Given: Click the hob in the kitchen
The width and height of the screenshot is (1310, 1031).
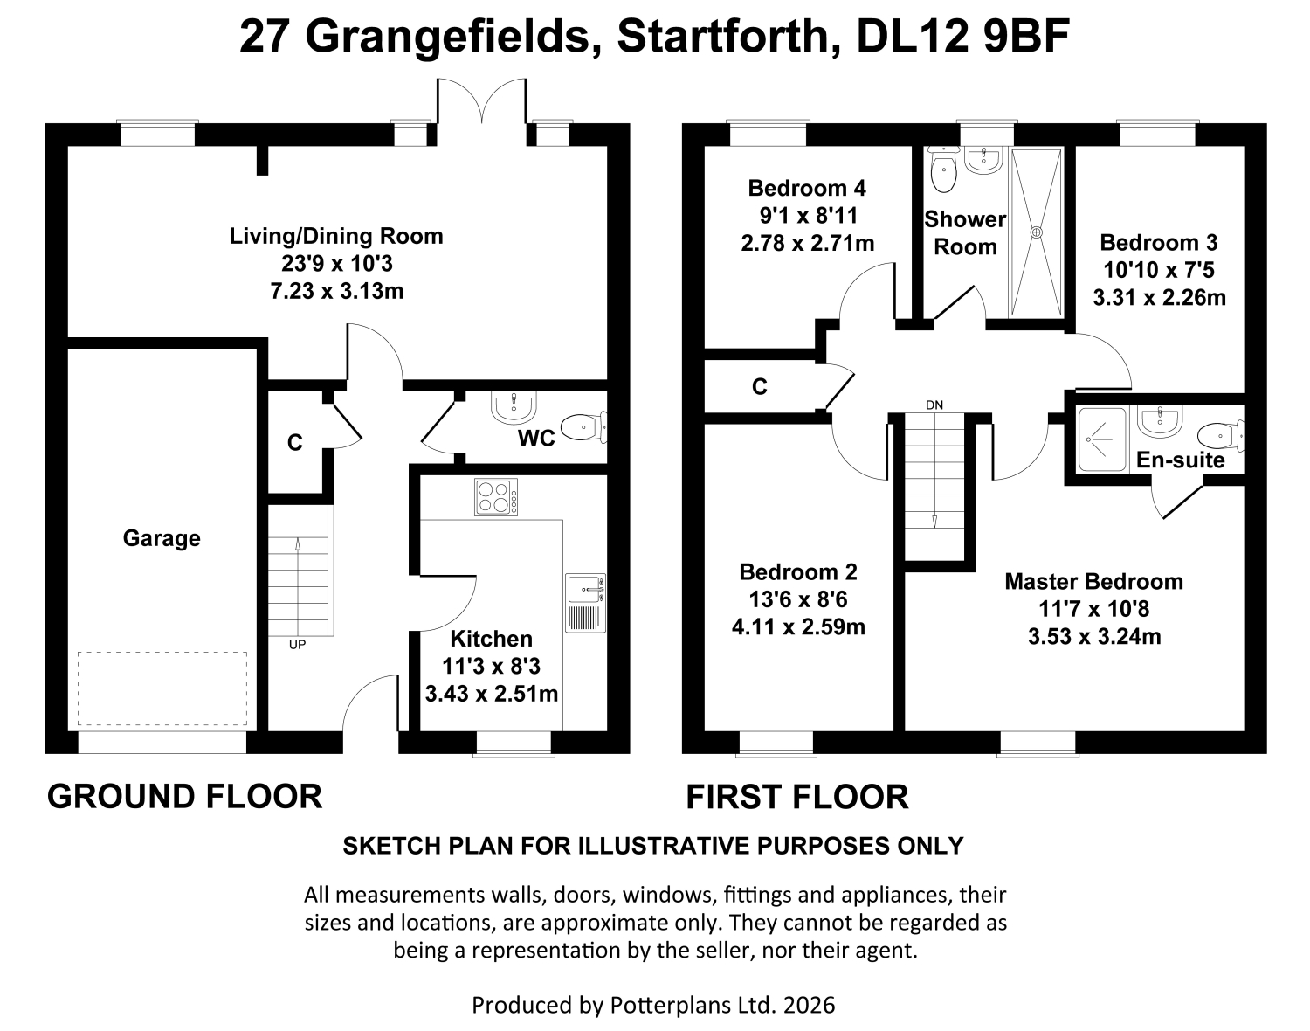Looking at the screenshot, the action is tap(496, 497).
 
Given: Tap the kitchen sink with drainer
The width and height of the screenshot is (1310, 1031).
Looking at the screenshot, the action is tap(585, 603).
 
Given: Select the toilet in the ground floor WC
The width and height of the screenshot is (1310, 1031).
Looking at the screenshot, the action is tap(583, 427).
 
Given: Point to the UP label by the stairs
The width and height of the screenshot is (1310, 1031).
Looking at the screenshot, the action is tap(297, 644).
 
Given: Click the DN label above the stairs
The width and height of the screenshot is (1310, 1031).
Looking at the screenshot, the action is tap(934, 405).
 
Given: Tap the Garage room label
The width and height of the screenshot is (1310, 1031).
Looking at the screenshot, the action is tap(162, 538).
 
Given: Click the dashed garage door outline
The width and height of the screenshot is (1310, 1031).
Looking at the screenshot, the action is tap(162, 688).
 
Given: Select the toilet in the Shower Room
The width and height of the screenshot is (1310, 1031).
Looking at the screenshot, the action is tap(943, 170).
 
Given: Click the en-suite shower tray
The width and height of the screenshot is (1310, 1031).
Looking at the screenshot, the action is tap(1102, 439).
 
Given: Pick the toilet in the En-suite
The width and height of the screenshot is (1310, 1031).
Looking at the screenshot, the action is tap(1220, 435).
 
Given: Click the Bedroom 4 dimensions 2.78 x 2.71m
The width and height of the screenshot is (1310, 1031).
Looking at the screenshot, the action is tap(807, 244).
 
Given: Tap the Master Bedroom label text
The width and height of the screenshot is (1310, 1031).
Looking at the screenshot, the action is tap(1094, 582).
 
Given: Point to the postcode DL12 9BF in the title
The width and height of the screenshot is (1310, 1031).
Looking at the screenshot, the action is tap(962, 37).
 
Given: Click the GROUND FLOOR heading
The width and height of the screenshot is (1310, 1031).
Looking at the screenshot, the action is tap(184, 797).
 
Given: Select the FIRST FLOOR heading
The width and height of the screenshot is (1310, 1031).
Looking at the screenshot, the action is tap(797, 797).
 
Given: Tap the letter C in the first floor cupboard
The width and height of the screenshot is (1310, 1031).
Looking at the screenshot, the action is tap(759, 387).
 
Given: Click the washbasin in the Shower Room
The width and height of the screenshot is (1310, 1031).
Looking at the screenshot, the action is tap(983, 160).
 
